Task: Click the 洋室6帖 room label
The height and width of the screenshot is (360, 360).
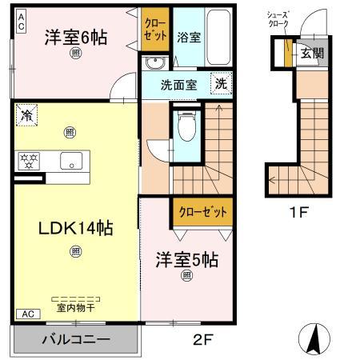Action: click(x=76, y=37)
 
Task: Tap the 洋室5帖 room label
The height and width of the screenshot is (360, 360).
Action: click(x=186, y=259)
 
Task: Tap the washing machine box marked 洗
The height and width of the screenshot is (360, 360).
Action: click(x=220, y=82)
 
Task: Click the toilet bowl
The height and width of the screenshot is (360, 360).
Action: click(x=186, y=126)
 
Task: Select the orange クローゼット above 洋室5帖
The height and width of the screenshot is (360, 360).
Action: click(x=202, y=213)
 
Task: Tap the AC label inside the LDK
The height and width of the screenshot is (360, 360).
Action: click(x=27, y=314)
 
